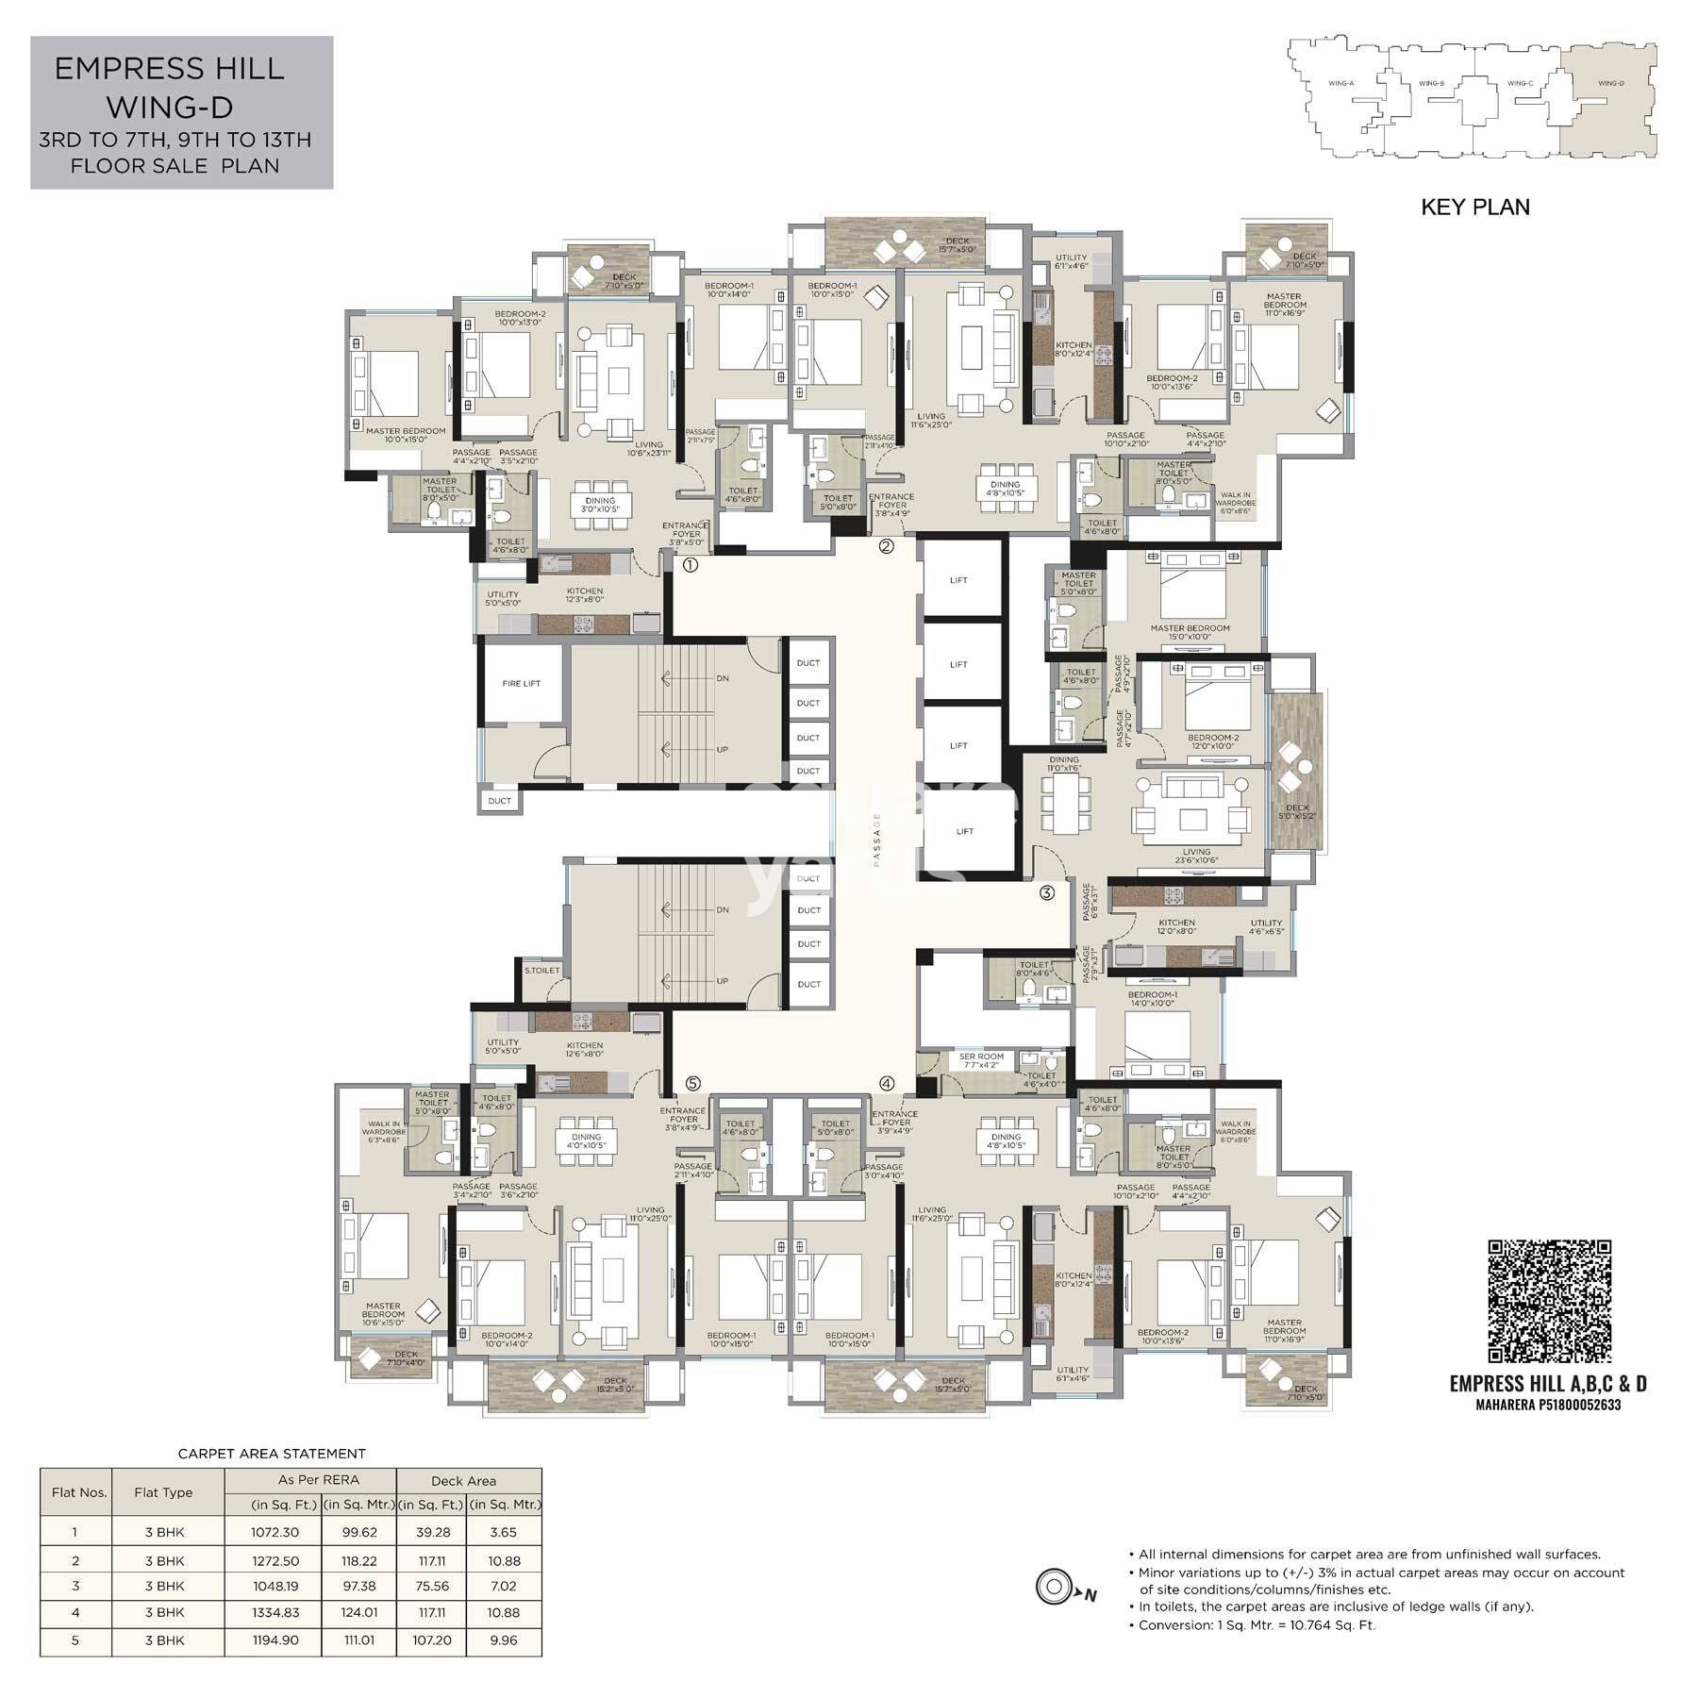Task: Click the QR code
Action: (1549, 1301)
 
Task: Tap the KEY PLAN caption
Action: (1475, 207)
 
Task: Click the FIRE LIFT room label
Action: (521, 683)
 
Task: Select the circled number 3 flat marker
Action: (1046, 892)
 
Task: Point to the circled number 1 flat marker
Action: (690, 565)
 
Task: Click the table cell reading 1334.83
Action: (275, 1612)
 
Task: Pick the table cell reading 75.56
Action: (432, 1586)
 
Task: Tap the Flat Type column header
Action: (163, 1492)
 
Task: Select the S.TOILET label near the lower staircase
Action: (542, 970)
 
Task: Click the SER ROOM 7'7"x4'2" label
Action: (981, 1060)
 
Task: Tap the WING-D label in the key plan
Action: (1611, 84)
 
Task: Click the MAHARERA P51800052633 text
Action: (1548, 1405)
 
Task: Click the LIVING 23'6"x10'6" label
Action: (1196, 856)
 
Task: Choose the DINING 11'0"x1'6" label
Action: (1063, 764)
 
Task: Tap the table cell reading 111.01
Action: (358, 1640)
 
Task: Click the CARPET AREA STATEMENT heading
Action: (272, 1454)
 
